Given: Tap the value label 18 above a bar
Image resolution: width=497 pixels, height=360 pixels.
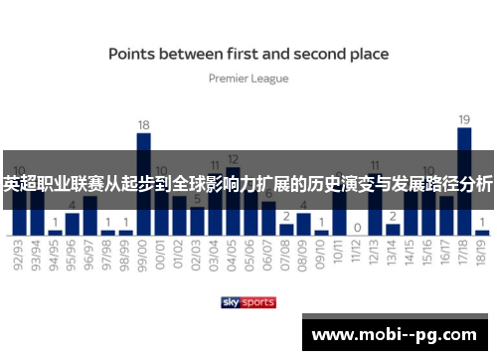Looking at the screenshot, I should point(143,125).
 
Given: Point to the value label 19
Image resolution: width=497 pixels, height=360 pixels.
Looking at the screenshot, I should point(463,119).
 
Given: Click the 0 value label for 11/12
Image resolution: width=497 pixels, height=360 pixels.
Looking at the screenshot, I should point(357,227).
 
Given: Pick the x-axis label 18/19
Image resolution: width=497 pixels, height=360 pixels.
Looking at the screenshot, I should point(481,253).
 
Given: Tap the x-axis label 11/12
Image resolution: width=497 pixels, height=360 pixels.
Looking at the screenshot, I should point(357,253).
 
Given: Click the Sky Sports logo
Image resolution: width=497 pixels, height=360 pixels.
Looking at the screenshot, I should point(248,301).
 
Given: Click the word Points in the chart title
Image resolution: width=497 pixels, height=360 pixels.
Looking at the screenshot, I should point(136,54).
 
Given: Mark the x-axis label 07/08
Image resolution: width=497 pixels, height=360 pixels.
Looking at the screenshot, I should point(285,253).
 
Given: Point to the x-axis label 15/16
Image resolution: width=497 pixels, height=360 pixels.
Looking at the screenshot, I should point(427,253).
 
